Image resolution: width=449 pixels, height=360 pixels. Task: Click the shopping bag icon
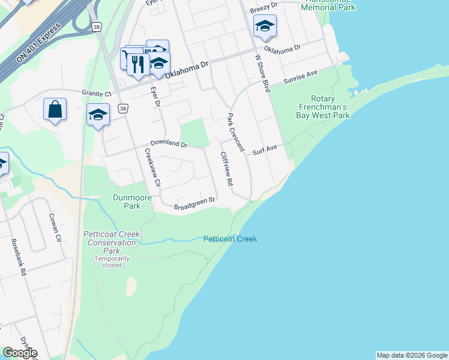55,110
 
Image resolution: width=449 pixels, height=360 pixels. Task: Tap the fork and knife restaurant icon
138,64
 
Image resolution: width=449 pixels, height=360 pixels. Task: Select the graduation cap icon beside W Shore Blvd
265,26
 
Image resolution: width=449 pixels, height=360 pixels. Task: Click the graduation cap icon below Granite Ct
98,115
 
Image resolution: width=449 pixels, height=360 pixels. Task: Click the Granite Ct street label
97,94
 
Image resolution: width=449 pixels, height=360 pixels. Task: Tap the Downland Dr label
169,145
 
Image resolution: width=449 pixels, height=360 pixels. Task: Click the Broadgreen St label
194,203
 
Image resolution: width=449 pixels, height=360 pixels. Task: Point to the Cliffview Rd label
226,169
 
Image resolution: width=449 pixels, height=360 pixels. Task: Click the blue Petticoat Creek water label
230,239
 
